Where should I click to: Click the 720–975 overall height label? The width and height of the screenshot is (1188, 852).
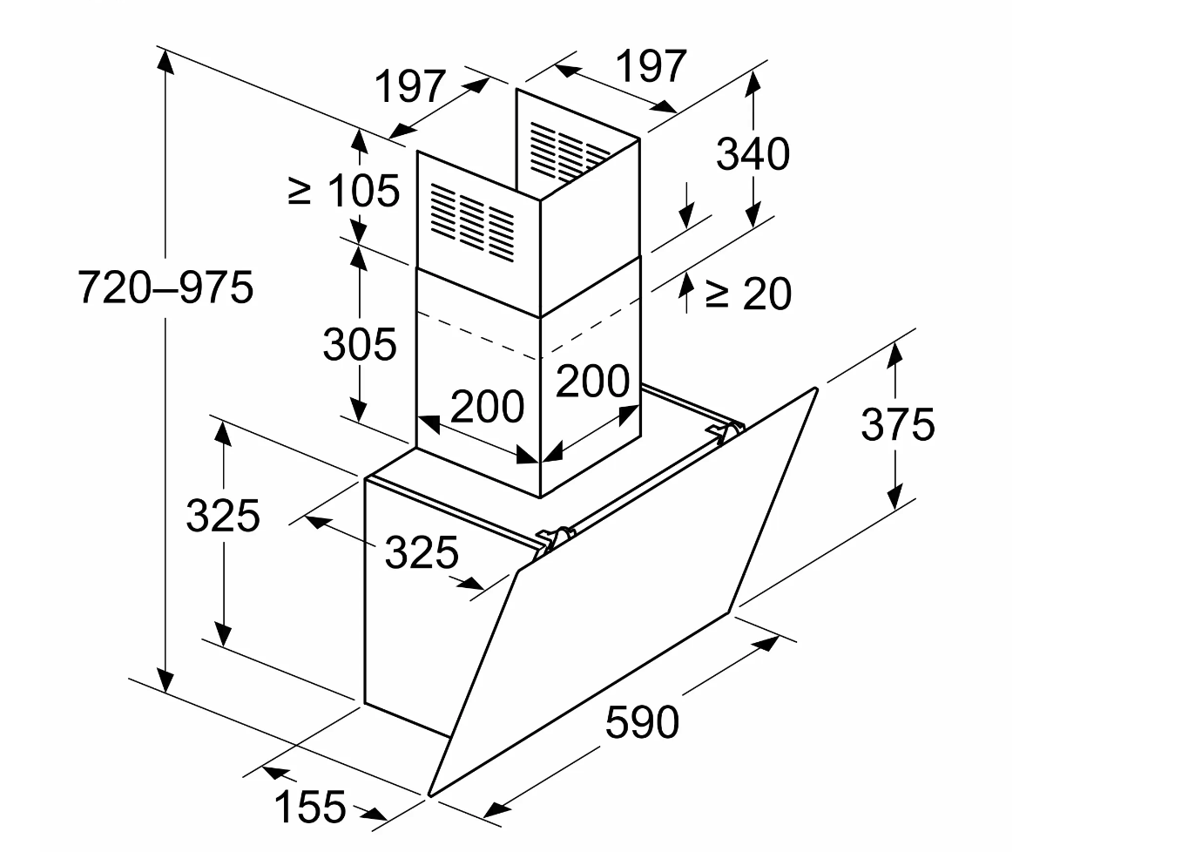point(166,287)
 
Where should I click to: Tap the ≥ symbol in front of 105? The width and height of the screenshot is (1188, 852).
point(299,192)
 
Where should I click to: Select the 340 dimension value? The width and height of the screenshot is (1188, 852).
point(753,154)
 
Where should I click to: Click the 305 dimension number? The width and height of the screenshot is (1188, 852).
point(360,344)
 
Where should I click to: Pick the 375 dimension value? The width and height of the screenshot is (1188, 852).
point(897,424)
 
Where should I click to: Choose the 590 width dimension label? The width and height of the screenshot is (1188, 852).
point(642,721)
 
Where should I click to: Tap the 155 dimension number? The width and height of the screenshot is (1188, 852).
point(310,807)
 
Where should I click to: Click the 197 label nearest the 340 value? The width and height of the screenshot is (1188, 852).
point(651,66)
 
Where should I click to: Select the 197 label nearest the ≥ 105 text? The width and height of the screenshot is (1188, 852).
point(410,86)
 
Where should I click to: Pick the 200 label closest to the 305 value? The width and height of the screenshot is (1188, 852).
point(487,406)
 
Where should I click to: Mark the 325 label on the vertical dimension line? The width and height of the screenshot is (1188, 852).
point(223,515)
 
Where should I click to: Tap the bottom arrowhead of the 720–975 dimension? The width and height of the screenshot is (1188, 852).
point(166,680)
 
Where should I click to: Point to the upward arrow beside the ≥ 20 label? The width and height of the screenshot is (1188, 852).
point(687,293)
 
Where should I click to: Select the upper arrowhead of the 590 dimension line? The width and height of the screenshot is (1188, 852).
point(766,643)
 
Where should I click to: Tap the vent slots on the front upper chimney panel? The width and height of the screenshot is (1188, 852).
point(472,223)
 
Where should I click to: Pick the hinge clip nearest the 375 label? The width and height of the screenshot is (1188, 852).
point(726,430)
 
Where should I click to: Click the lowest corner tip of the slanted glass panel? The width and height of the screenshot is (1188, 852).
point(430,795)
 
